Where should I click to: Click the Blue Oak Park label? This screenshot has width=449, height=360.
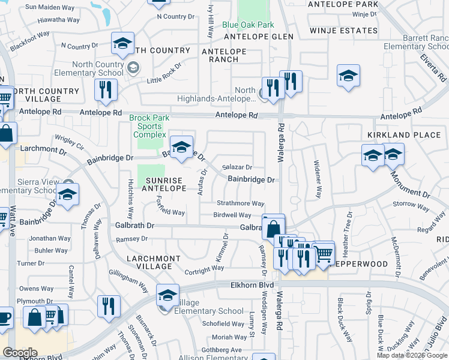pos(247,25)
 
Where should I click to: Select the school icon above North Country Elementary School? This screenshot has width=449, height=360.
pos(122,44)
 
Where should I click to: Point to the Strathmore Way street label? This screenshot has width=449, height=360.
pos(240,203)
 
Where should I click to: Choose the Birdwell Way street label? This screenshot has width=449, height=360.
pos(232,215)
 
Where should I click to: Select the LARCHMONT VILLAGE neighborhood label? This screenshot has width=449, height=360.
pos(154,263)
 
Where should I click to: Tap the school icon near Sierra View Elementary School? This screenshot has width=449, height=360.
pos(68,195)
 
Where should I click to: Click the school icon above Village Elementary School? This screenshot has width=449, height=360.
pos(167,295)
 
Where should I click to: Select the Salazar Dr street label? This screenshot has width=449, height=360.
pos(237,167)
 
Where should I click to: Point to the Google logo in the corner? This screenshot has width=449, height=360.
pos(20,353)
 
